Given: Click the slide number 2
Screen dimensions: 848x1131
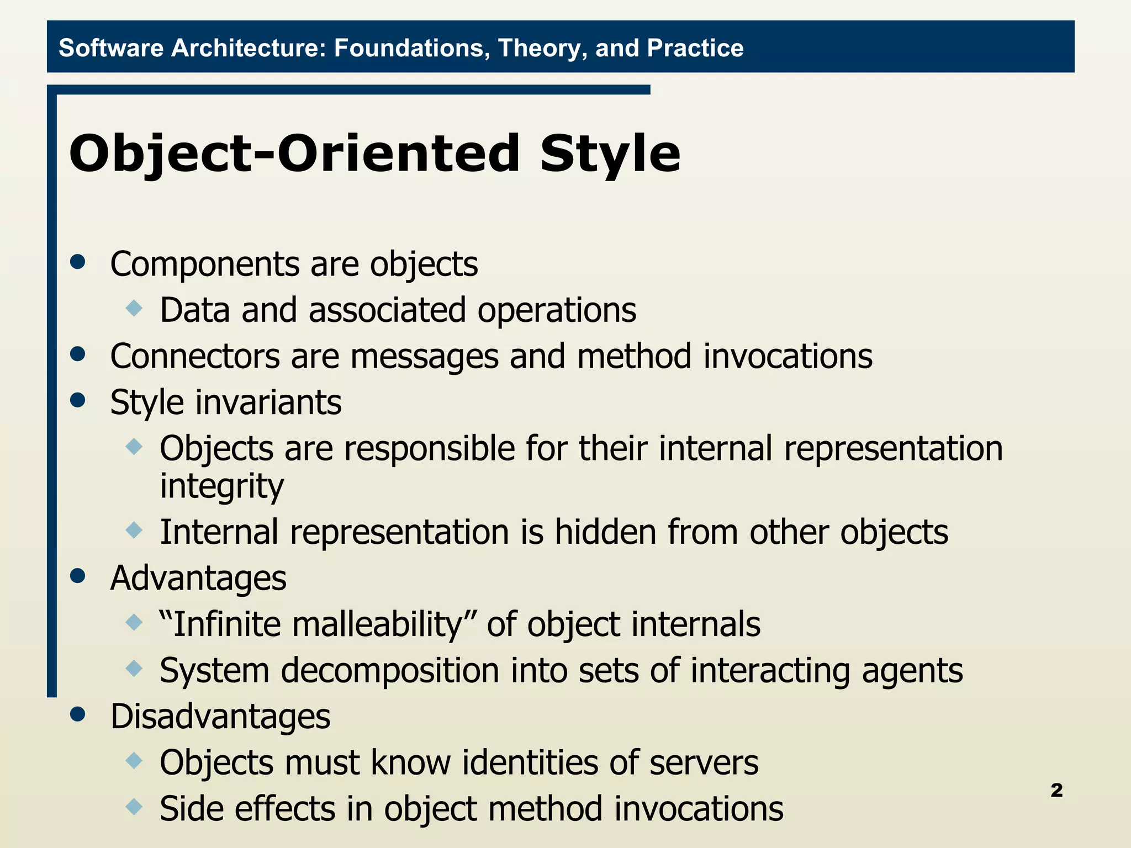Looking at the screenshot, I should [1056, 791].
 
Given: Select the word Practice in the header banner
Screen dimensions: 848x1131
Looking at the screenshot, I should [695, 48].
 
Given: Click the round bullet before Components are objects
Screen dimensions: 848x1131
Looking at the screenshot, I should [78, 262].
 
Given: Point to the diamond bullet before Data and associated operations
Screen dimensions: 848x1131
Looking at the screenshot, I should [134, 308].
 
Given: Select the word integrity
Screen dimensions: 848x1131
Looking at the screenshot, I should [221, 486].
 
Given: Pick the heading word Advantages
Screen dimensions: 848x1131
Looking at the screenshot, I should [198, 579].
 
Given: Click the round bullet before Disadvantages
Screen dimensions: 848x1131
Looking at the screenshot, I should [78, 714].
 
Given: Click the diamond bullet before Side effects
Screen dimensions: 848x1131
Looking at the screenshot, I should [134, 807].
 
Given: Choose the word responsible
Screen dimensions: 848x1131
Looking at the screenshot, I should [429, 448].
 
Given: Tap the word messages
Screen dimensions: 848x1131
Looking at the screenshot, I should [424, 357].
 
